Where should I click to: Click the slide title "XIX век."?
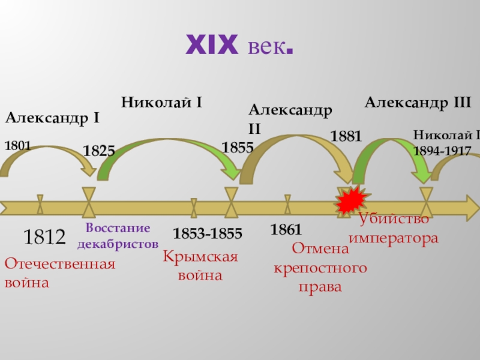240,46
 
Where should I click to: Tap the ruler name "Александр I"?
52,118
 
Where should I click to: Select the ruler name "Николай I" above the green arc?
161,102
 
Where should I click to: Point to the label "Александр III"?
418,102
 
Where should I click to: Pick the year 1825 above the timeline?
99,151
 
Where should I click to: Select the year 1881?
346,136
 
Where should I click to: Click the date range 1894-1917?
442,151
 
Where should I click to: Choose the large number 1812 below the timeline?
44,238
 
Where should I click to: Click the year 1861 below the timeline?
286,229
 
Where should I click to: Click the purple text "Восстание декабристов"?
118,236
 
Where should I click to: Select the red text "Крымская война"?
200,266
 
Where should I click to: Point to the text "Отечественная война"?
59,273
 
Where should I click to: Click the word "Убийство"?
394,220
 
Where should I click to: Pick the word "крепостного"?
320,268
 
